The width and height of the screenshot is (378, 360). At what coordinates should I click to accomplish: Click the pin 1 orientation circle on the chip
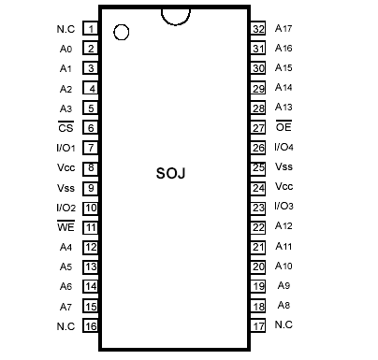coord(121,33)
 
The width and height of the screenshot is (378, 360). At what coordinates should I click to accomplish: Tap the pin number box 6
coord(91,128)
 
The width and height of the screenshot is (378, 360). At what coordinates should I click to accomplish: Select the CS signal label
coord(65,128)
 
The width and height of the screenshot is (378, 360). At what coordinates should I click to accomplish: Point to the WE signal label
coord(65,227)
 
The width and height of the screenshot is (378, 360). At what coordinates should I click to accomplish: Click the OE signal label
coord(283,127)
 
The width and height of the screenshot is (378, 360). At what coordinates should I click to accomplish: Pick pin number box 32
coord(259,28)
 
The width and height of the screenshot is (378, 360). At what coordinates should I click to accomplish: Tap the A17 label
coord(283,28)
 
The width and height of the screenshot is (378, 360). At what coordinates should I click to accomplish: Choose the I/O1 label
coord(65,148)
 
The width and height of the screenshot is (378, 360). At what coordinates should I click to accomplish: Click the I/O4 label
coord(284,147)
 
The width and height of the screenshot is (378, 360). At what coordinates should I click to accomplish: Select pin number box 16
coord(91,326)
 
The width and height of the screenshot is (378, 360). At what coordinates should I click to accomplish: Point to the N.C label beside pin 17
coord(283,325)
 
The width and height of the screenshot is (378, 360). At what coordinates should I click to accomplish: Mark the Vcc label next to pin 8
coord(65,167)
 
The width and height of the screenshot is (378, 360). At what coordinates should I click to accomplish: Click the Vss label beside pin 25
coord(283,166)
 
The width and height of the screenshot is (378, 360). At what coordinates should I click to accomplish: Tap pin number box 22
coord(259,226)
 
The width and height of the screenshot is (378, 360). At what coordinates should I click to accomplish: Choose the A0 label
coord(65,49)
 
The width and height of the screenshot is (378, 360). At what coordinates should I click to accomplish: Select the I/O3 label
coord(284,207)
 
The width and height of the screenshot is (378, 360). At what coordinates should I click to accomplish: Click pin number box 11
coord(91,227)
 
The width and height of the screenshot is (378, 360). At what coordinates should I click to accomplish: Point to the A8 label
coord(283,306)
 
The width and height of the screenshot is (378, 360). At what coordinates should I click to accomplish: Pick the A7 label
coord(65,307)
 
